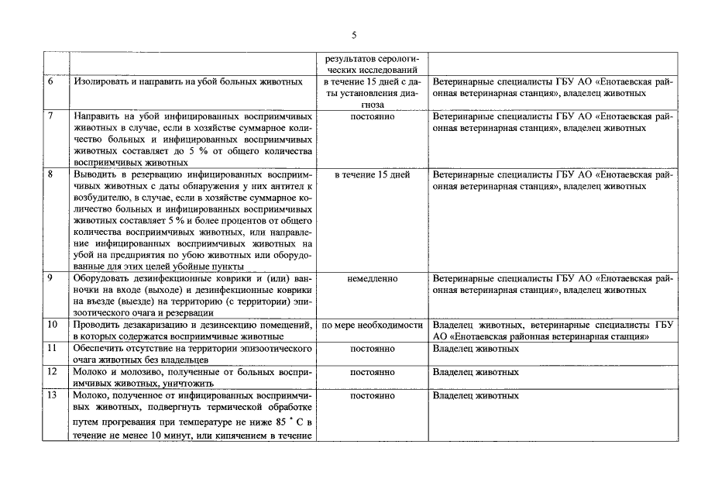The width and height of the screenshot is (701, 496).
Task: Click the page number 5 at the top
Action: tap(353, 34)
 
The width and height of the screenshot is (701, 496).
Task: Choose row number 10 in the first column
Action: tap(52, 325)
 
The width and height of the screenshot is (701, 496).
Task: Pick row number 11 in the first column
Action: tap(52, 349)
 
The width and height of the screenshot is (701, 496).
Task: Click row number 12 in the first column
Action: tap(52, 372)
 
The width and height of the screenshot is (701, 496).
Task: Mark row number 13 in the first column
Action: tap(52, 395)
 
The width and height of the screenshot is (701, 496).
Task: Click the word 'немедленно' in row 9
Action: tap(372, 277)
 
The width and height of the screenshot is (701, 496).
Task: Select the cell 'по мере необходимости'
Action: tap(372, 325)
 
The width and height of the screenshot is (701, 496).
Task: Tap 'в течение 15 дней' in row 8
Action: tap(372, 175)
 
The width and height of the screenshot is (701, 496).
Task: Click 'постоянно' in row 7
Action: tap(372, 116)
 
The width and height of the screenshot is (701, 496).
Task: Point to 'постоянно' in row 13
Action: tap(372, 395)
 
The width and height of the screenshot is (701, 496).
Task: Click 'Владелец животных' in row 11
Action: tap(476, 349)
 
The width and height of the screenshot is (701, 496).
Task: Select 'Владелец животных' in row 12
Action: tap(476, 372)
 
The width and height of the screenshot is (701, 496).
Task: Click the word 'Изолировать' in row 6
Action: tap(101, 81)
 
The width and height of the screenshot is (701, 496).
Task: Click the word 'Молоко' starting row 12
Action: tap(89, 372)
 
